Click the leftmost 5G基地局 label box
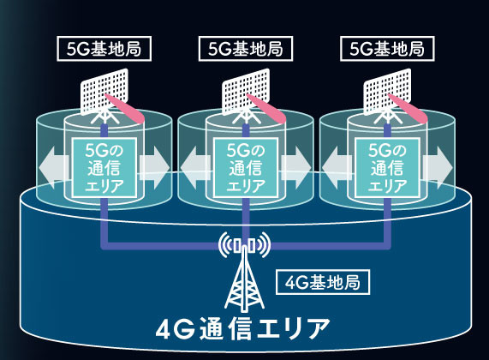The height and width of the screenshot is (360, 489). (104, 49)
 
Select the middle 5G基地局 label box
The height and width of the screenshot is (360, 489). (246, 49)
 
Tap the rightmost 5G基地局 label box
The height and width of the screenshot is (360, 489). (387, 49)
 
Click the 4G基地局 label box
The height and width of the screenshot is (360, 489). (323, 283)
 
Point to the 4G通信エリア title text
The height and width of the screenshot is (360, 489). (242, 329)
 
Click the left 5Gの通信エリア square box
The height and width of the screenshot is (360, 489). (104, 168)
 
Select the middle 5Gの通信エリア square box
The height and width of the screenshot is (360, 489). (246, 168)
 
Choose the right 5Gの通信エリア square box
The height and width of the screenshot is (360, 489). (387, 168)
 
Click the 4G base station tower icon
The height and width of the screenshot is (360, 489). (244, 272)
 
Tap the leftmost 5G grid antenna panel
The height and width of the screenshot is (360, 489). (104, 92)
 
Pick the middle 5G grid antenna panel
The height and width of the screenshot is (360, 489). (246, 92)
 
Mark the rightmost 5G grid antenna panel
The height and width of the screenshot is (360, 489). (387, 92)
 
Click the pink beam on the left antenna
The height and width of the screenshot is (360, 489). (125, 108)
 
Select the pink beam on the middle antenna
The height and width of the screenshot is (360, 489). (267, 108)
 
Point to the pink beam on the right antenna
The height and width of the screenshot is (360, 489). (408, 108)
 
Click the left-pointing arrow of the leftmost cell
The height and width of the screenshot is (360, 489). (54, 168)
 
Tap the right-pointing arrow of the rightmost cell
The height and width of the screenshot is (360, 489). (438, 168)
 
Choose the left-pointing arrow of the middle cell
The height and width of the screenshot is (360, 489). (196, 168)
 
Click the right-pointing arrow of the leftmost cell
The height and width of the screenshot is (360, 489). (154, 168)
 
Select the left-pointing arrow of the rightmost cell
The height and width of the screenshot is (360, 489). (337, 168)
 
